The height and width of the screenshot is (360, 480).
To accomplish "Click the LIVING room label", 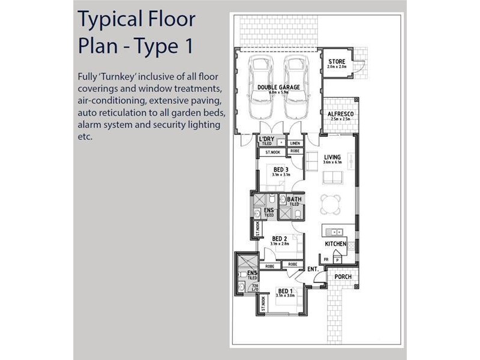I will pos(332,157).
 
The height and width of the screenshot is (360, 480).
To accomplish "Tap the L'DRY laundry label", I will pos(266,139).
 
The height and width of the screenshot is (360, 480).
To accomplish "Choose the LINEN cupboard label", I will pos(295,144).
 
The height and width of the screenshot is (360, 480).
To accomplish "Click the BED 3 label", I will pos(281,170).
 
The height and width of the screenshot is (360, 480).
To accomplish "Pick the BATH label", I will pos(294,199).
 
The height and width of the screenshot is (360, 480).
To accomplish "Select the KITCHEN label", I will pos(336,244).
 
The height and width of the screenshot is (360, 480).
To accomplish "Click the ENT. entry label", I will pos(313,269).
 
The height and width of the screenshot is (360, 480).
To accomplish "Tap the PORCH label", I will pos(343,277).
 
